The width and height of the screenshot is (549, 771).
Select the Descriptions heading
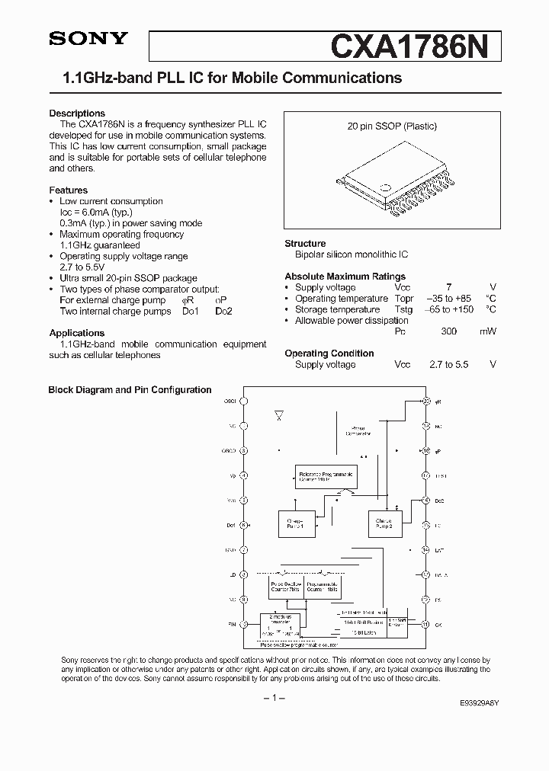coord(77,113)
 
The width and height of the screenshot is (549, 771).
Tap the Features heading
coord(68,190)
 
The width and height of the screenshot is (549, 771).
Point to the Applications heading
coord(76,333)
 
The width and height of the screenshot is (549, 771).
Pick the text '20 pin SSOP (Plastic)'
coord(392,126)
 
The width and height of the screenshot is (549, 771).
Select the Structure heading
coord(305,243)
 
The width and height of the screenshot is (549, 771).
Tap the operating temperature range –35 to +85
coord(449,299)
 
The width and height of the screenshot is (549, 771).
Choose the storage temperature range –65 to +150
coord(449,309)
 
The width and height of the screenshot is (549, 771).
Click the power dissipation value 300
coord(449,331)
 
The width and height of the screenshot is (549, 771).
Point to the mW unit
coord(488,331)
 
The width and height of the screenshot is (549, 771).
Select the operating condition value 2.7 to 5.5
coord(449,364)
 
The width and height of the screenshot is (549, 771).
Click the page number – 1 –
coord(274,698)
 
